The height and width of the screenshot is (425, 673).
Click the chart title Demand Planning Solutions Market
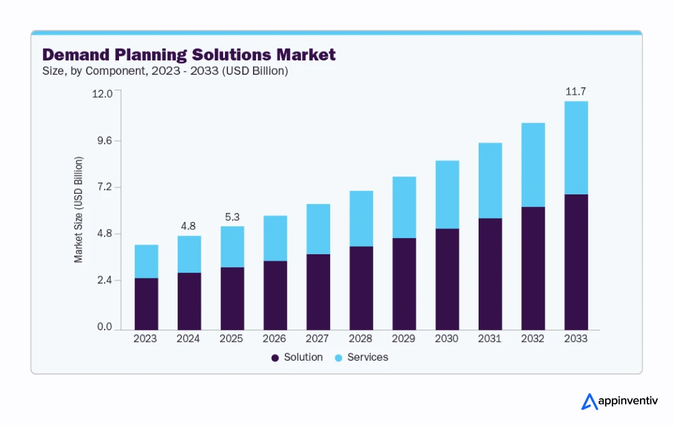point(188,55)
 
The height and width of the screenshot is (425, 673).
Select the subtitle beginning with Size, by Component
point(165,71)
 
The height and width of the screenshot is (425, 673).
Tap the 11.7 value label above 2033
point(575,92)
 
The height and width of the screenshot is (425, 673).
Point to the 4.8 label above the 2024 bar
point(189,226)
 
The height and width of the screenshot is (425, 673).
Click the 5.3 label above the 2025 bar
point(232,217)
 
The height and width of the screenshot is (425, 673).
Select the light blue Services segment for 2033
point(575,148)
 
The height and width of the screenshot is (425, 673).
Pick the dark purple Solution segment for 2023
point(146,303)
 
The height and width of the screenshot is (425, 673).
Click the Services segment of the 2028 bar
point(361,218)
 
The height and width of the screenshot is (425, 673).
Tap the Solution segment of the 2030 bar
point(447,279)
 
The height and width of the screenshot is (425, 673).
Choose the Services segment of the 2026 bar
point(275,238)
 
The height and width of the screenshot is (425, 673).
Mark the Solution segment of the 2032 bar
point(533,268)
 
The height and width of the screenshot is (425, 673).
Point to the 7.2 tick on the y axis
point(103,187)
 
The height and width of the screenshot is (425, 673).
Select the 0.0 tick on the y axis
point(103,327)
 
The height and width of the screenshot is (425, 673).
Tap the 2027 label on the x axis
point(318,339)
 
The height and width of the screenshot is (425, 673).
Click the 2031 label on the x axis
point(490,339)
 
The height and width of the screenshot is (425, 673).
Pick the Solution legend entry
point(297,358)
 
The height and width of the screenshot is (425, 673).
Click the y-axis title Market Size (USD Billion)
point(79,210)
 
